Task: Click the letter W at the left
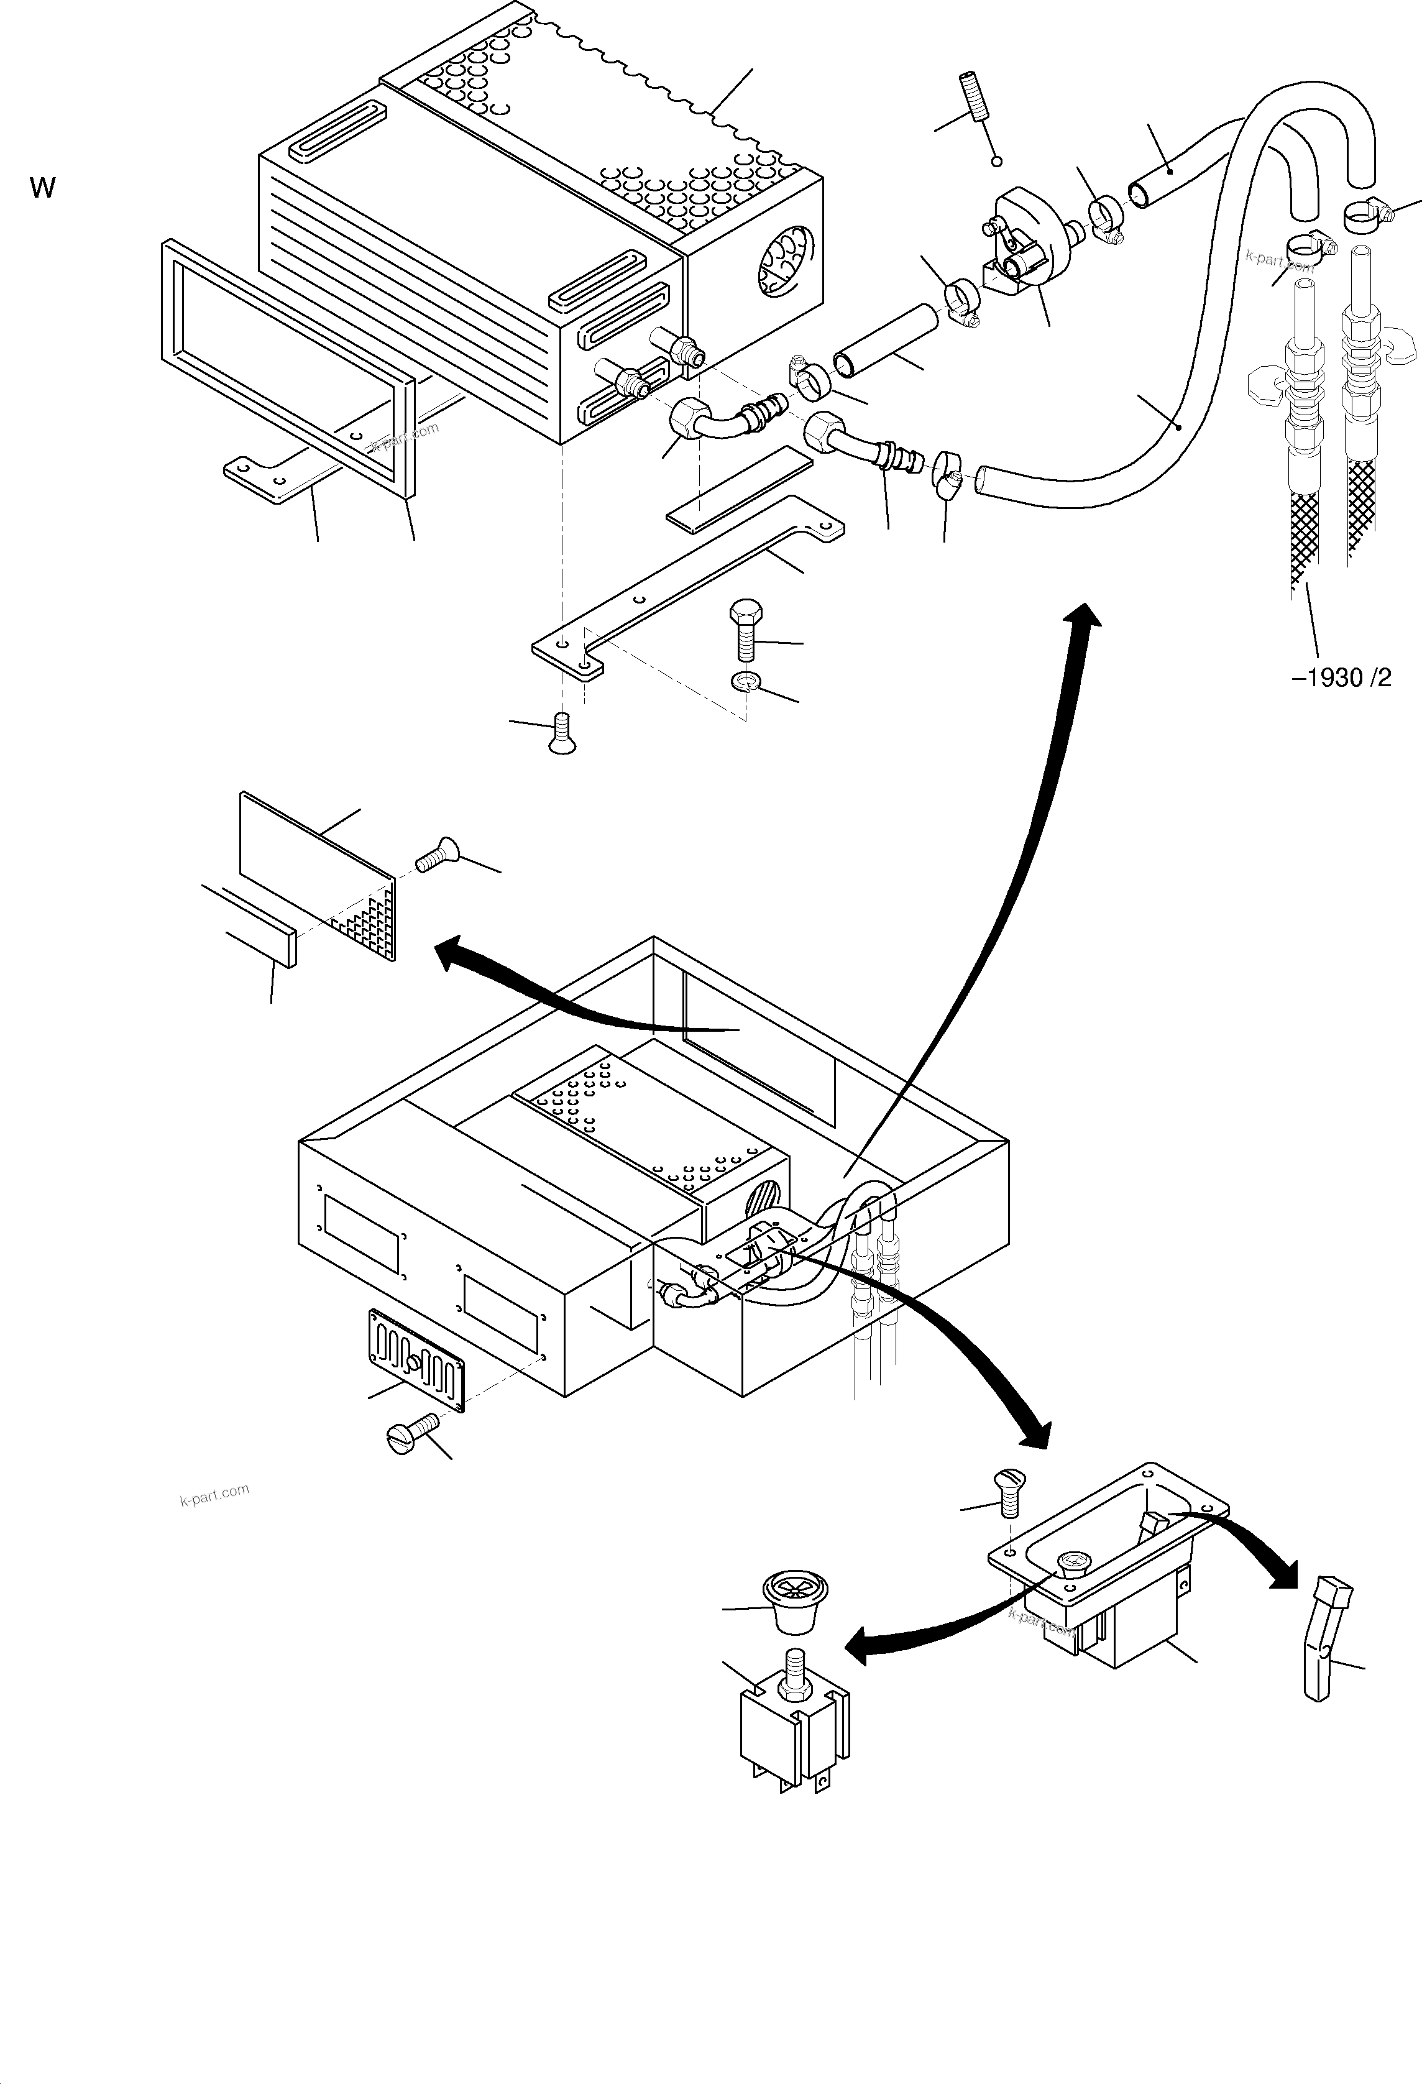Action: (x=42, y=188)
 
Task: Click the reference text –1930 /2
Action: (x=1341, y=678)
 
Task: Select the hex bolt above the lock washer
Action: (x=744, y=630)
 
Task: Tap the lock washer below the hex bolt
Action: (x=745, y=683)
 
